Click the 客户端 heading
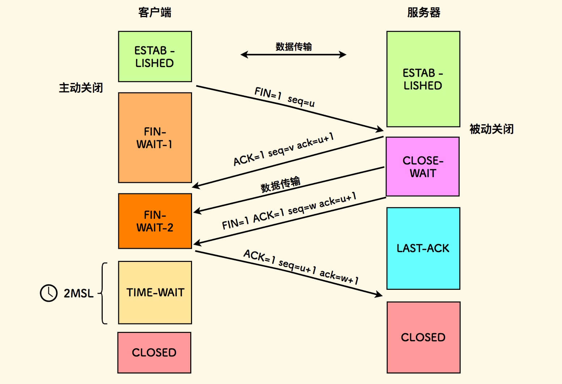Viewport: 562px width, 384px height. tap(154, 12)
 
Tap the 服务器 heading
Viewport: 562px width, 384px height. tap(423, 12)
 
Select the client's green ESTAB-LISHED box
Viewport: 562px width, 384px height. tap(155, 57)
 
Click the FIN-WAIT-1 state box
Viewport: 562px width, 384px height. tap(155, 138)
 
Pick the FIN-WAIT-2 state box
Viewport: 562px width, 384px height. tap(155, 221)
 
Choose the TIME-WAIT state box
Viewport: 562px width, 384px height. tap(155, 292)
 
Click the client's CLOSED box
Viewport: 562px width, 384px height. tap(154, 352)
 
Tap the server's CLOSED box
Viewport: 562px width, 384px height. tap(423, 337)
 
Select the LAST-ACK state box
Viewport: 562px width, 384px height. tap(423, 249)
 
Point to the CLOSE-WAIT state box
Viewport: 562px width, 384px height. tap(422, 167)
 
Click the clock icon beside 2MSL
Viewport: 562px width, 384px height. tap(48, 293)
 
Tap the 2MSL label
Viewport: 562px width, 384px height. tap(78, 293)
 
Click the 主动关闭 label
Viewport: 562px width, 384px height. tap(81, 88)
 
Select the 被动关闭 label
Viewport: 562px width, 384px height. tap(491, 129)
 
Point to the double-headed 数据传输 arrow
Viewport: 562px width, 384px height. tap(293, 55)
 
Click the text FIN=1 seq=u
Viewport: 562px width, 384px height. tap(284, 97)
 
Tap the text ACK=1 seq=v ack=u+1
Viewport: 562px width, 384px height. tap(284, 149)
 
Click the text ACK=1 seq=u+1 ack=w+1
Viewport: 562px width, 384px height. tap(301, 267)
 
